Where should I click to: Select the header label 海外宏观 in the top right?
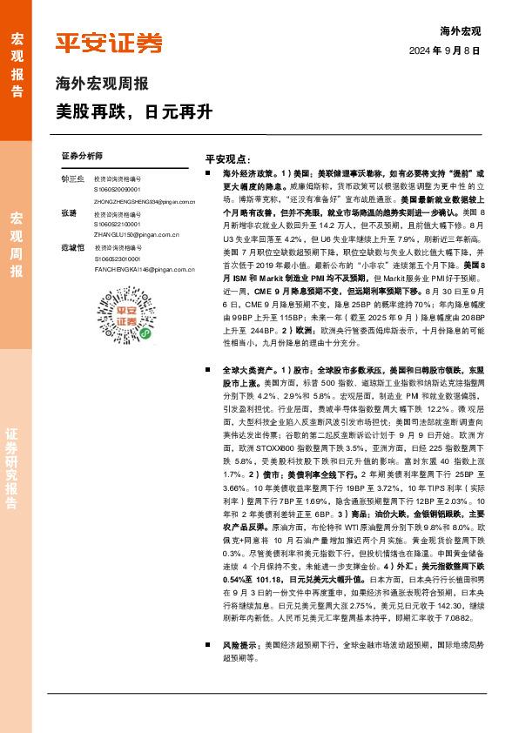[x=461, y=30]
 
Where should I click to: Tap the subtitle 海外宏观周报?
[x=101, y=85]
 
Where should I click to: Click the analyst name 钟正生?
[x=73, y=178]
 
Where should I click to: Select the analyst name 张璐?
[x=70, y=213]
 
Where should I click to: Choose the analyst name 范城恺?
[x=73, y=248]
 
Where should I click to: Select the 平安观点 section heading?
[x=228, y=161]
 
